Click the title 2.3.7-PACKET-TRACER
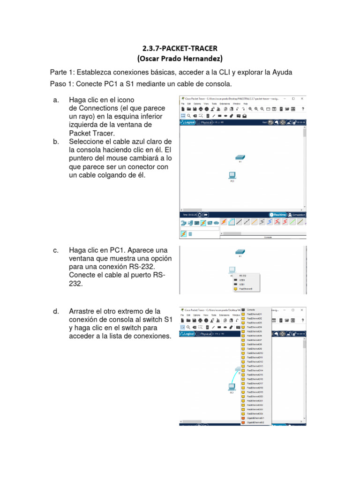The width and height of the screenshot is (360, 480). (x=180, y=48)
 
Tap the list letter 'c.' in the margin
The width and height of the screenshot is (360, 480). (x=56, y=250)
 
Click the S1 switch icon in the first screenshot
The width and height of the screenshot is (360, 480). (x=240, y=157)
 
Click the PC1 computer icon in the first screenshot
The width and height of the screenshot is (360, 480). (x=231, y=175)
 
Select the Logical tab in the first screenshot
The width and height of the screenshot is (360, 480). (x=188, y=122)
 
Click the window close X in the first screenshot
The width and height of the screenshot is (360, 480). (x=302, y=99)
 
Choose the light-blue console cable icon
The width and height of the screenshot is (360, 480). (x=231, y=222)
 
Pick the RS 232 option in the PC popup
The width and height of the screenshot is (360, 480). (x=243, y=276)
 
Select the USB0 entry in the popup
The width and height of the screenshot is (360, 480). (x=242, y=280)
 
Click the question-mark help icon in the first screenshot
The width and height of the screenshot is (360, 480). (x=303, y=109)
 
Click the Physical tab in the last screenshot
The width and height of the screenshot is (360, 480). (x=204, y=334)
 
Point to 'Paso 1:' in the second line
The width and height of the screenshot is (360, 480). (x=61, y=84)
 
